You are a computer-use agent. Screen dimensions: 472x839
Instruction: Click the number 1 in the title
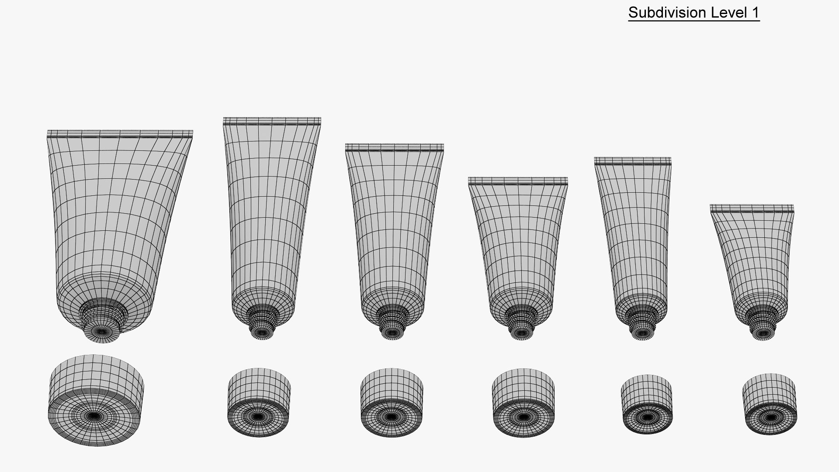point(755,13)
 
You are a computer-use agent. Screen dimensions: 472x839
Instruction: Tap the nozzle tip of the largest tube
point(102,332)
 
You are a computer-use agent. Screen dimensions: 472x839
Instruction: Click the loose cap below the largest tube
point(96,400)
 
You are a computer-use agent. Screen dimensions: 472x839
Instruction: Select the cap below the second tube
point(259,402)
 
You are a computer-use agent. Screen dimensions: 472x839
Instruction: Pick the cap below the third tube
point(392,403)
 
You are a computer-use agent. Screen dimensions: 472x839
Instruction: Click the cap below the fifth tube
point(647,404)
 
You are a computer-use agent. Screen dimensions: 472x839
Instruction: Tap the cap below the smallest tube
point(770,404)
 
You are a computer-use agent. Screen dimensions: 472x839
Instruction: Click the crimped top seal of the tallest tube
point(272,121)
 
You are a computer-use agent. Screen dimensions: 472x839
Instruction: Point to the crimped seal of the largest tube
point(120,134)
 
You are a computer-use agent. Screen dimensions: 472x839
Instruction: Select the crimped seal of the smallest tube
point(752,208)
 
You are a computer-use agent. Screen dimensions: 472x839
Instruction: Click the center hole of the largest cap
point(94,416)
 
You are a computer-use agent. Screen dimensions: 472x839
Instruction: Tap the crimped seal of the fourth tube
point(518,181)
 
